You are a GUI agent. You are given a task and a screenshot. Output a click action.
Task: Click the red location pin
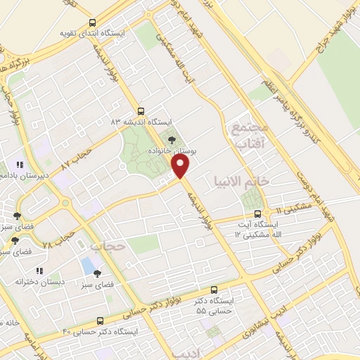pos(181,167)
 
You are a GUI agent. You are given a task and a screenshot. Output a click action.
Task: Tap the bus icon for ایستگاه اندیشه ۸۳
pos(141,111)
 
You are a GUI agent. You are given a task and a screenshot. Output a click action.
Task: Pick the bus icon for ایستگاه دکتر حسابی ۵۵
pos(214,289)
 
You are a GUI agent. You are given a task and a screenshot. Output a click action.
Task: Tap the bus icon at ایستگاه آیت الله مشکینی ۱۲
pos(257,213)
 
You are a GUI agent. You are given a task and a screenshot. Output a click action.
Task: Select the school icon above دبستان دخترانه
pos(40,270)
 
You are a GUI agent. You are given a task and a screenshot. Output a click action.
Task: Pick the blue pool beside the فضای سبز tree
pos(87,266)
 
